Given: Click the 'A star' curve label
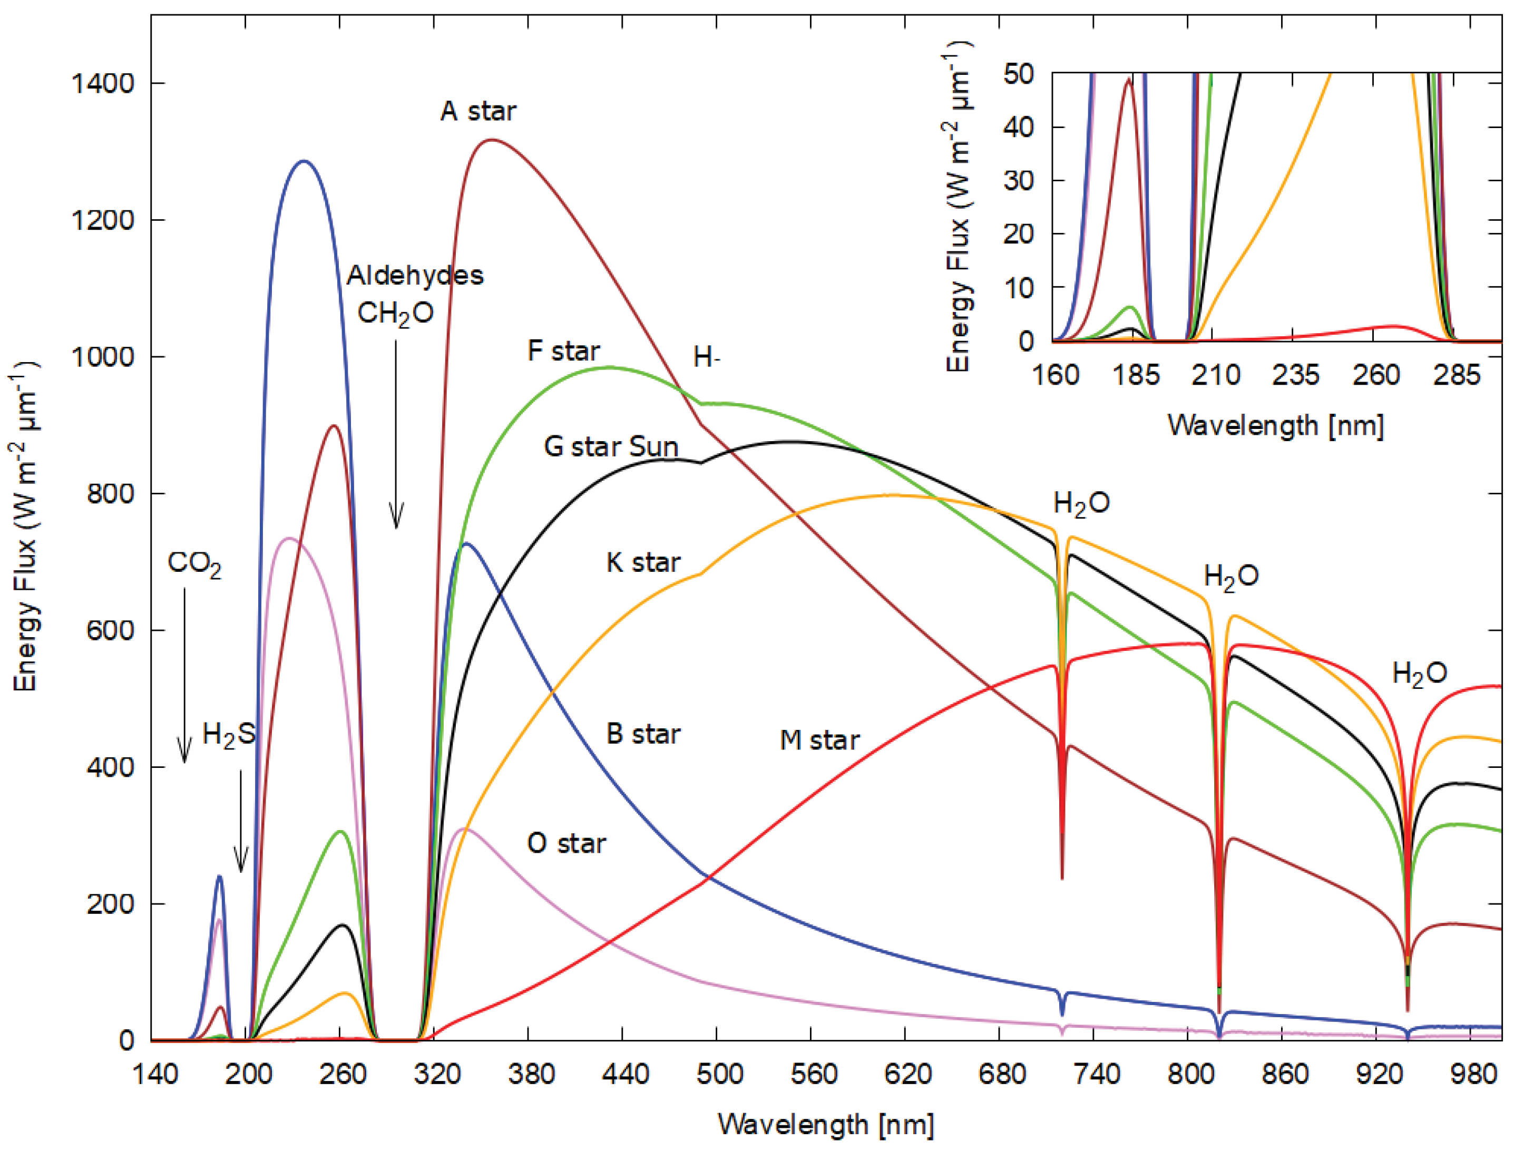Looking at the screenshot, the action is coord(478,111).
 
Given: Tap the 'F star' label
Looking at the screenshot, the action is coord(564,351).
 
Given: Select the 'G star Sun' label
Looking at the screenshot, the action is coord(611,447).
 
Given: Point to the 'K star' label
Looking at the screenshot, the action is coord(643,563).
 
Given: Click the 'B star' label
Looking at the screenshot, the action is coord(643,734).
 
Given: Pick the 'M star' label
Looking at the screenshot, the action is coord(819,740).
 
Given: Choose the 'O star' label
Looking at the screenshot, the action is coord(566,843).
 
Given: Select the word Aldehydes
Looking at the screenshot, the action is coord(415,275).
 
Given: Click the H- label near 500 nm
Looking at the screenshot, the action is coord(706,357).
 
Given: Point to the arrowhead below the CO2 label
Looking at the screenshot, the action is coord(183,751).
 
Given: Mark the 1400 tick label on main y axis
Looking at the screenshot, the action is coord(103,83).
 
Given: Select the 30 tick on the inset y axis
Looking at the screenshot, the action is coord(1019,180).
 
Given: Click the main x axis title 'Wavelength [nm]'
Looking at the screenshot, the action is coord(825,1125).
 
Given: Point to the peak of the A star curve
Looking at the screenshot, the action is coord(492,140).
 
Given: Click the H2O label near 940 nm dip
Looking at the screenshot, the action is coord(1420,674).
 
